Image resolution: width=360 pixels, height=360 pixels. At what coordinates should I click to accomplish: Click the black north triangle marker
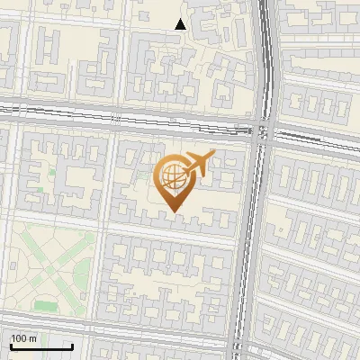pos(181,24)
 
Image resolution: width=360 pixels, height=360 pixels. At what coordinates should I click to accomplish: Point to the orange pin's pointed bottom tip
pos(175,211)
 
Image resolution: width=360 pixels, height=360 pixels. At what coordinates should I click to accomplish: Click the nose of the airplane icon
pos(212,154)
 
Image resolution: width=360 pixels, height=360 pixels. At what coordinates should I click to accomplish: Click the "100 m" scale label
pos(24,338)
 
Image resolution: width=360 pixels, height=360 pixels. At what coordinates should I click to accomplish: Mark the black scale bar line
pos(41,347)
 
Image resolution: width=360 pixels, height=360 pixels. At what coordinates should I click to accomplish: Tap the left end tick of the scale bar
pos(11,346)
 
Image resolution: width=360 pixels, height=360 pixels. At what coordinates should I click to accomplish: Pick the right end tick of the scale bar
pos(72,346)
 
